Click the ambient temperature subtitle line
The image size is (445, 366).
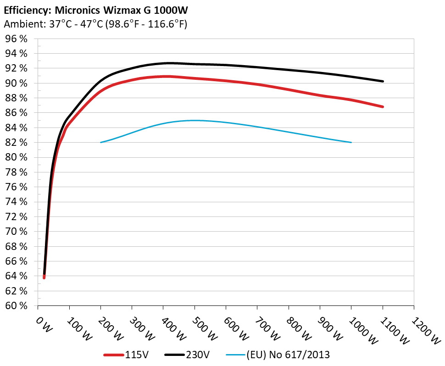pos(95,24)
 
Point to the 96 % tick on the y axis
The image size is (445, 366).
pos(16,39)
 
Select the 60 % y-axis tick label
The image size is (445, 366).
pos(16,306)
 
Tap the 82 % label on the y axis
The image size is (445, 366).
pos(16,143)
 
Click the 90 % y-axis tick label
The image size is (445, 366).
pos(16,83)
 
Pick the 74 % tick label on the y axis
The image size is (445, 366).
pos(16,202)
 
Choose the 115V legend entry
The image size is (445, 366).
pos(133,355)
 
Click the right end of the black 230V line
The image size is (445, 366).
pos(383,81)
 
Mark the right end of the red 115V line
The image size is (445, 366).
pos(383,107)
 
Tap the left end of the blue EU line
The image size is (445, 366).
pos(101,142)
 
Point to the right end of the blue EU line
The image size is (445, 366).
pos(351,142)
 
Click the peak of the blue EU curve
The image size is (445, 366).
pos(195,120)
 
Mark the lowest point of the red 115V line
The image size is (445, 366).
pos(44,277)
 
